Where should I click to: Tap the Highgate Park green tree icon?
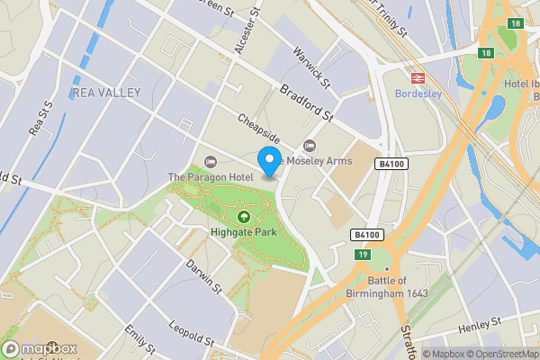[x=243, y=216]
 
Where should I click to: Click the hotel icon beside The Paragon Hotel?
[x=211, y=162]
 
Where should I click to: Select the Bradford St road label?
[x=307, y=104]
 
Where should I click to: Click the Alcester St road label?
[x=241, y=34]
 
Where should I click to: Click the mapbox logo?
[x=40, y=349]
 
